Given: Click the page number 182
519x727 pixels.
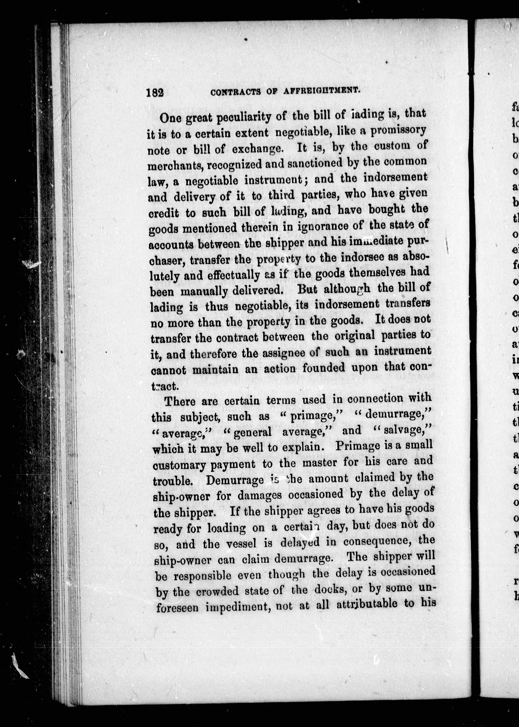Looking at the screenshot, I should pos(155,92).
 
